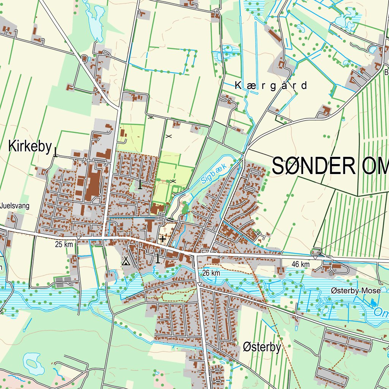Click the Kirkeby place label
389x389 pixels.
30,146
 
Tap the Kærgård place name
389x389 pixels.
271,85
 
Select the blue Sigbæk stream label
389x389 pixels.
214,174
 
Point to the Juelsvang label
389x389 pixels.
15,206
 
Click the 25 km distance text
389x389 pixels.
64,244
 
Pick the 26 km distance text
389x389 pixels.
211,273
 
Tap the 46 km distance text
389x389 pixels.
301,264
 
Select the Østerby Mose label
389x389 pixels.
355,291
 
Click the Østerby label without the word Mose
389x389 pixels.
262,347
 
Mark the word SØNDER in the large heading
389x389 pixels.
313,166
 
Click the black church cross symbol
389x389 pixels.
163,239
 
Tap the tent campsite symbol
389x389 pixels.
126,261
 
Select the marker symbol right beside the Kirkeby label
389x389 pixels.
55,152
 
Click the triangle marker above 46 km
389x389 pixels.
315,258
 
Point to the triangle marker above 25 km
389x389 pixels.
78,238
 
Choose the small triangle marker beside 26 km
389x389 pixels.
198,283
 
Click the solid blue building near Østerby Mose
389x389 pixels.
373,303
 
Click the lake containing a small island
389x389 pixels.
32,363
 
